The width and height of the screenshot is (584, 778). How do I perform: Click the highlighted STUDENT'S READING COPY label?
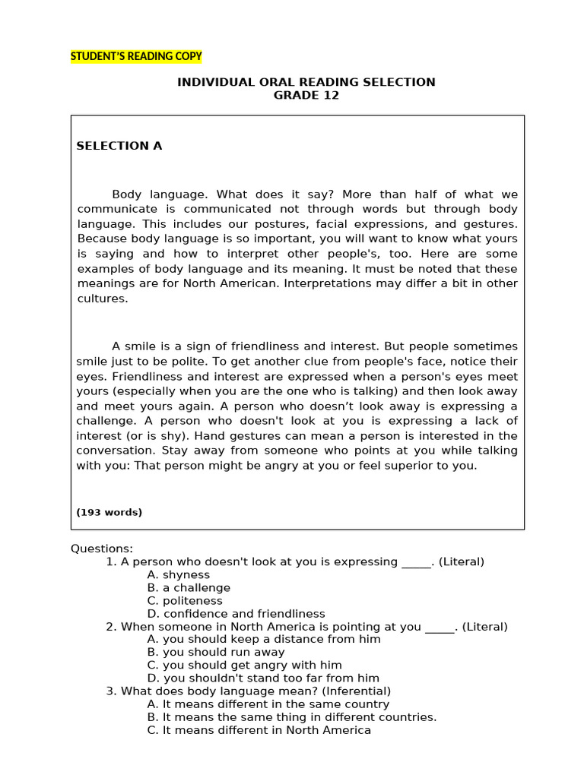tap(136, 56)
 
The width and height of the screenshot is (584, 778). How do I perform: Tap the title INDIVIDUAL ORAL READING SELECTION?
tap(306, 82)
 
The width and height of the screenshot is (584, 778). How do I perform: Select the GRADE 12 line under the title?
tap(306, 96)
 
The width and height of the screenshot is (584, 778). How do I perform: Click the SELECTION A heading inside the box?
tap(119, 146)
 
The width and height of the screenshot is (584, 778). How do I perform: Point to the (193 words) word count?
tap(109, 512)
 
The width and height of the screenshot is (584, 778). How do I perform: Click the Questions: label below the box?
tap(102, 549)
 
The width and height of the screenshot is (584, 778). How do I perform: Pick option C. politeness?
tap(185, 601)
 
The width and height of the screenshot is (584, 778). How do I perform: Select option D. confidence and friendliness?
tap(236, 614)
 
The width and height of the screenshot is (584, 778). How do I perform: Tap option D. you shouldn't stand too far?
tap(263, 678)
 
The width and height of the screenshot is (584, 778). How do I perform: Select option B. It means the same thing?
tap(292, 716)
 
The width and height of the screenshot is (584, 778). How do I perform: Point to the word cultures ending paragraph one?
tap(103, 299)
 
